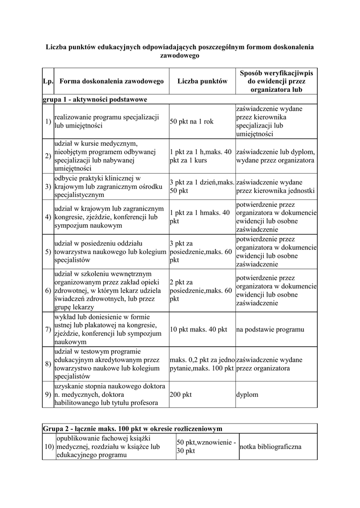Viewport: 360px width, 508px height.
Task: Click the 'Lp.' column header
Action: pyautogui.click(x=48, y=81)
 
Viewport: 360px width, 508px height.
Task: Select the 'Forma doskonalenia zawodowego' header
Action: pyautogui.click(x=111, y=81)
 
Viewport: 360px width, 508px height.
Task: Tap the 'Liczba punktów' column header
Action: pyautogui.click(x=202, y=81)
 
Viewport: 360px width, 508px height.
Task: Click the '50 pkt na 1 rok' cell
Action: pyautogui.click(x=192, y=122)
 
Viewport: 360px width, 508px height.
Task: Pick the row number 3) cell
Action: pyautogui.click(x=48, y=187)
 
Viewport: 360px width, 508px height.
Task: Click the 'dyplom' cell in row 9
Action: pyautogui.click(x=247, y=394)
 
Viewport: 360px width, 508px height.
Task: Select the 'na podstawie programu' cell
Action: pyautogui.click(x=270, y=329)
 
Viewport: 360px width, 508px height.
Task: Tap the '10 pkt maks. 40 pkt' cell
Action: pyautogui.click(x=198, y=329)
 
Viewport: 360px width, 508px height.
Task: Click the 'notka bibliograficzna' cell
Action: pyautogui.click(x=270, y=446)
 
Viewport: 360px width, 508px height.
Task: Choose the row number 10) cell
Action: pyautogui.click(x=49, y=447)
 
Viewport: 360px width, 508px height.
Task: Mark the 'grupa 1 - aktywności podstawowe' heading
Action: pyautogui.click(x=95, y=100)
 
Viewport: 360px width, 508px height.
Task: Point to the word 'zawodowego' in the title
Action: pyautogui.click(x=179, y=56)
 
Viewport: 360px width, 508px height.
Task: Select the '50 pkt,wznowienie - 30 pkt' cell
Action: pyautogui.click(x=206, y=446)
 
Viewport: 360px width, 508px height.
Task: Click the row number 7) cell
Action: pyautogui.click(x=48, y=329)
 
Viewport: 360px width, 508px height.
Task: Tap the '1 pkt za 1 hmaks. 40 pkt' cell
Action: pyautogui.click(x=200, y=217)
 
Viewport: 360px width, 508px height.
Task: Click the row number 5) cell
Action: pyautogui.click(x=48, y=252)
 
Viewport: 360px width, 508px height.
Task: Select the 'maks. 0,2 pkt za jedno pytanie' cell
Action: pyautogui.click(x=202, y=364)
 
